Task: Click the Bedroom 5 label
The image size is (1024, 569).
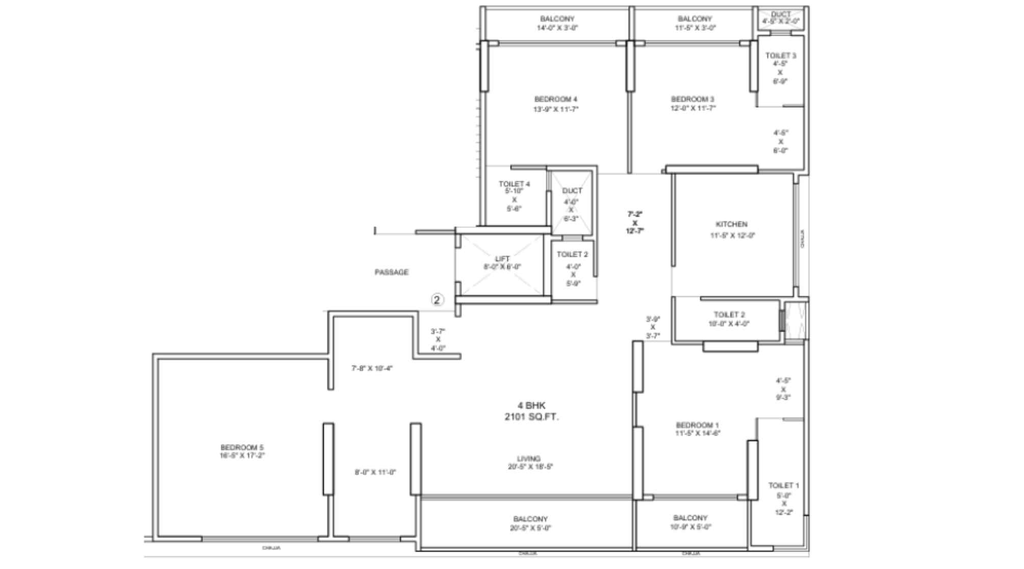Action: (x=243, y=447)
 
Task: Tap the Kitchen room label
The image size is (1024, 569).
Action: (x=731, y=224)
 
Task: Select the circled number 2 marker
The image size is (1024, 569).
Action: (x=437, y=300)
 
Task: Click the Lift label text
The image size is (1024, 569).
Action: (x=502, y=259)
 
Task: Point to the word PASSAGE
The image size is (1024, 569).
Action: (x=392, y=272)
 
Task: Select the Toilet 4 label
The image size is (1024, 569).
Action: (x=514, y=184)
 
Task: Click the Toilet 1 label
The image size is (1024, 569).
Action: (x=784, y=485)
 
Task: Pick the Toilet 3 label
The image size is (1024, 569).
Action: (x=780, y=56)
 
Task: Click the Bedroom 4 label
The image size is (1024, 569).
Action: (x=556, y=99)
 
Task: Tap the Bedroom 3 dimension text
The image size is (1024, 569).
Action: (x=693, y=108)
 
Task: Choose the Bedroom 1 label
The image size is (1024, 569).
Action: (x=697, y=425)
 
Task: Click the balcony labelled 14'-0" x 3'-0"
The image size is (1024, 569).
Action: (x=557, y=23)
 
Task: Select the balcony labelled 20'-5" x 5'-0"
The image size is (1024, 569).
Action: (x=530, y=524)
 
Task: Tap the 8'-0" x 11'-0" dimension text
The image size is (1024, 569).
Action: (x=375, y=473)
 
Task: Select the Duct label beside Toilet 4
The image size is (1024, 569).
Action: (x=572, y=191)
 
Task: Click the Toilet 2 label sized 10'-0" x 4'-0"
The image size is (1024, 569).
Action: (x=729, y=315)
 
